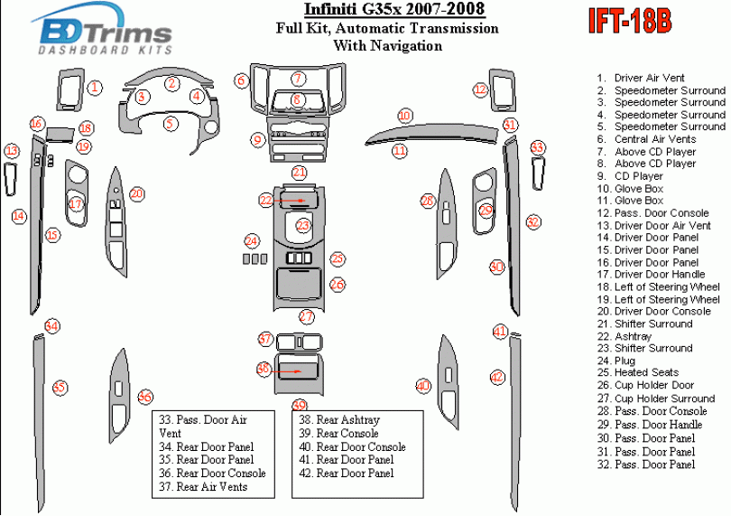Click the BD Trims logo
(106, 35)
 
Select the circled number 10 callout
(405, 116)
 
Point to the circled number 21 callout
(299, 172)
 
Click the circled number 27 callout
(307, 316)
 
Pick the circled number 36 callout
(144, 397)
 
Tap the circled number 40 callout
(422, 386)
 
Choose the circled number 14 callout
(18, 215)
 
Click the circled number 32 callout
(533, 221)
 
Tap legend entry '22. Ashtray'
(635, 336)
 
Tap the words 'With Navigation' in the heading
(387, 45)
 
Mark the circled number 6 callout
(241, 80)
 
